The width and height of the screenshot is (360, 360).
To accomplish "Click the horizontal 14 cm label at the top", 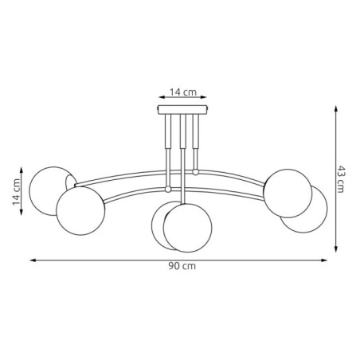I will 186,92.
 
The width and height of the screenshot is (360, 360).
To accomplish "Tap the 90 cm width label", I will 184,266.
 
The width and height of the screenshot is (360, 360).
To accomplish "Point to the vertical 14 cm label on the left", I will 15,191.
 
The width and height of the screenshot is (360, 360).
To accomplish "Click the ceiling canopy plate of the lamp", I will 184,110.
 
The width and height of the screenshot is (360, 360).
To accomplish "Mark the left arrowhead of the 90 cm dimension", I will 33,260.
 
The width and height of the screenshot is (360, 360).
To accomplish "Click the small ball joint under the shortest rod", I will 195,172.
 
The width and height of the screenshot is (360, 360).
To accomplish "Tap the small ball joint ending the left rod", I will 167,190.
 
